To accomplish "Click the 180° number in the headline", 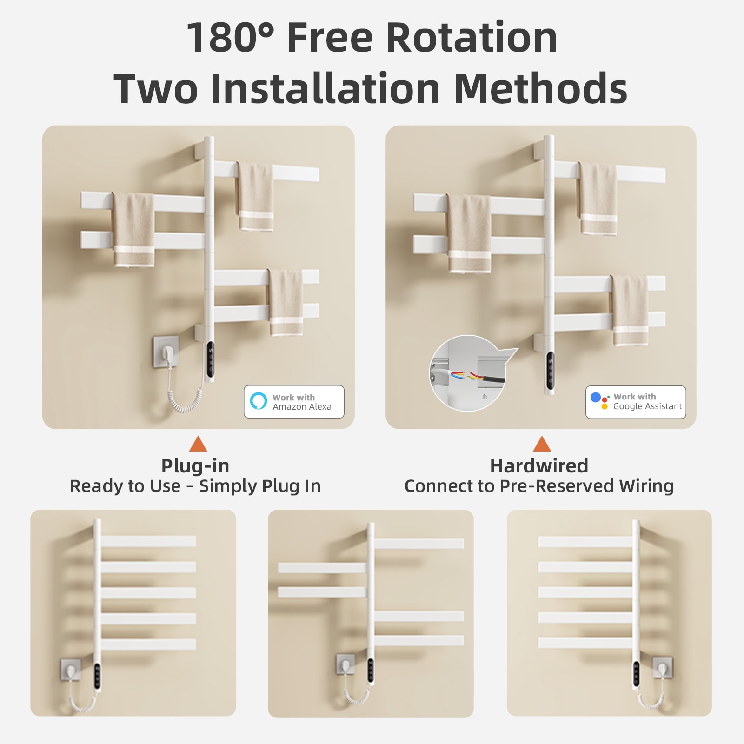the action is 230,37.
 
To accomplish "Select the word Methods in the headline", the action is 540,88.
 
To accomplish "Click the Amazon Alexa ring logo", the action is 259,401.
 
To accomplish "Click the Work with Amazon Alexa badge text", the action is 302,402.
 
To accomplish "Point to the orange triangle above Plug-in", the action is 198,444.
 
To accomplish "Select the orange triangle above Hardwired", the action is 542,444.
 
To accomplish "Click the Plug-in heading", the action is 195,465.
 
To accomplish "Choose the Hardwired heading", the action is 539,465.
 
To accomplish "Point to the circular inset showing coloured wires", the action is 467,373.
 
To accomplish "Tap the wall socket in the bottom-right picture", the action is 663,668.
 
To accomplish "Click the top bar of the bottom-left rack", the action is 148,541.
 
